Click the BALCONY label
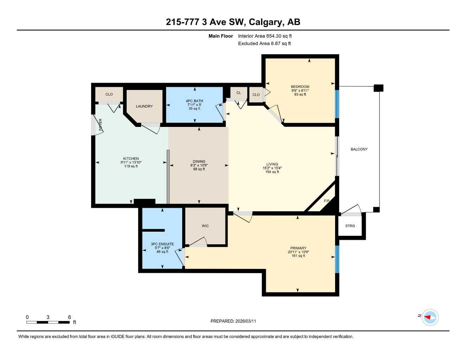359,149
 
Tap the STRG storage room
350,226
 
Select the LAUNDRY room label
144,106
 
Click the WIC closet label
205,226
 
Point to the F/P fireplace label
326,201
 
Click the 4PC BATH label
194,101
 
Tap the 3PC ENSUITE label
162,244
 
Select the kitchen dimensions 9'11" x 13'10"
131,162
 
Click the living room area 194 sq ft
272,172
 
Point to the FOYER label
101,125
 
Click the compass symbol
430,317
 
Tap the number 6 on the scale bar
69,317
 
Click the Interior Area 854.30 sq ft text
265,36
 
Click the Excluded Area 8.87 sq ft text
264,44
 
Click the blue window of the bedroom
337,104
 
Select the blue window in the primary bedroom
337,259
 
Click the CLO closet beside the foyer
109,94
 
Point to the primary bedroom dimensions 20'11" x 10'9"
298,252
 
